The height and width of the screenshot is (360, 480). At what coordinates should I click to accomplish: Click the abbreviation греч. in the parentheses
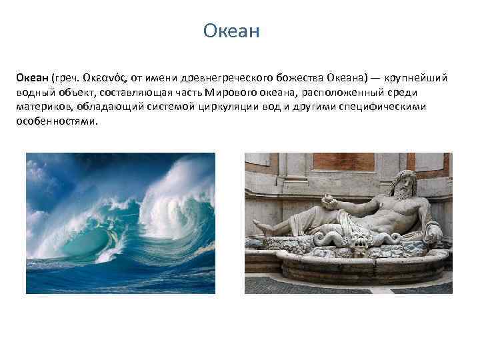click(x=67, y=78)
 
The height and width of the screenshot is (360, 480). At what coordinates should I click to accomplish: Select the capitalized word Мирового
click(x=231, y=93)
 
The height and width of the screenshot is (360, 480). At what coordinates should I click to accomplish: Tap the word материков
click(x=44, y=107)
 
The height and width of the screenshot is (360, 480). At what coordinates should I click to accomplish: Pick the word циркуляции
click(x=203, y=107)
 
